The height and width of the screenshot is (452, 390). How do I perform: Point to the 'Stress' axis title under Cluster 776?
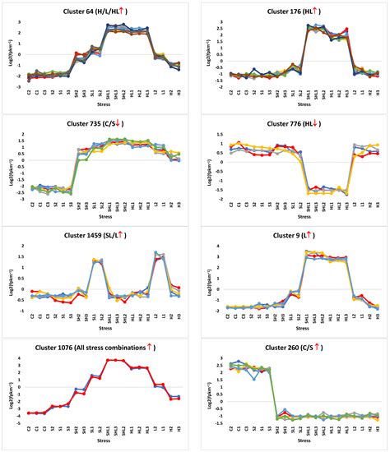(293, 217)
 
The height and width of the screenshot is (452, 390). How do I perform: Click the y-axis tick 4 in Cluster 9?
(213, 246)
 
